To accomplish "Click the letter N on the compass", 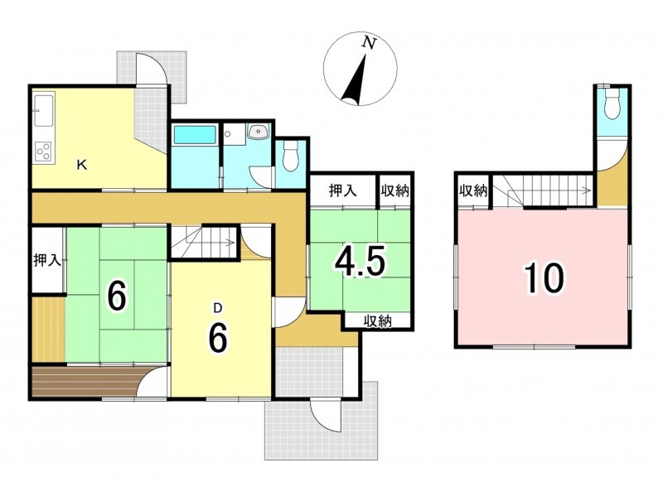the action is [370, 43].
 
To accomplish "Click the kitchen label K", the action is [82, 165].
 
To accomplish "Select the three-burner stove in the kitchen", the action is [43, 151].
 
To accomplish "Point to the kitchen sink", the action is [43, 110].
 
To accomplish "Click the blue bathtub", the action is [195, 134].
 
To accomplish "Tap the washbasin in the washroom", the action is [258, 132].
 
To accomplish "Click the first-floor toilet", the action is [290, 156].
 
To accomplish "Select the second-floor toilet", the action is [612, 104].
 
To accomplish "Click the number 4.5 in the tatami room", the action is [360, 262].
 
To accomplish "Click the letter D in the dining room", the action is [218, 309].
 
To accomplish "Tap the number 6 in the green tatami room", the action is [117, 296].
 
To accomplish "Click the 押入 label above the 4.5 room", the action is [343, 191].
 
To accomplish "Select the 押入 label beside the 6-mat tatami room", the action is [47, 260].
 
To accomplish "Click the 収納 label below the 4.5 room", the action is [378, 321].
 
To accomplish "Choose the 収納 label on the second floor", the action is [473, 191].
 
